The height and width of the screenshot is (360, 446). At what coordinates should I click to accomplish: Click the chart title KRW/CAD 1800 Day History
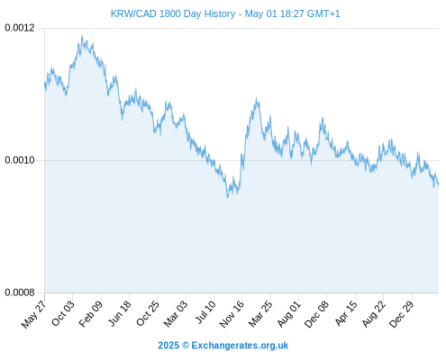tap(173, 13)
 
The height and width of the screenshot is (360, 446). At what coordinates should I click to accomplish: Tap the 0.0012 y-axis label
tap(20, 28)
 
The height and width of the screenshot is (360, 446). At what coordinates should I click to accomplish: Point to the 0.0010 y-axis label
tap(20, 160)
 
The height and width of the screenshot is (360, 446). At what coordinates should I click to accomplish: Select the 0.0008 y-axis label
tap(20, 292)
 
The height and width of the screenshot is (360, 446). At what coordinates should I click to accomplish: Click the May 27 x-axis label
tap(34, 313)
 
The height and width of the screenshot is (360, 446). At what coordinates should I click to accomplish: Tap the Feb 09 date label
tap(91, 313)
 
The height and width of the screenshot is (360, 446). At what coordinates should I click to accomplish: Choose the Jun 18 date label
tap(119, 313)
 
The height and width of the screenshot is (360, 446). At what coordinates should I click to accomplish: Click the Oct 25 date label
tap(148, 313)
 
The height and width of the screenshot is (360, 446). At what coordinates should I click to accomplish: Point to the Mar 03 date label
tap(176, 313)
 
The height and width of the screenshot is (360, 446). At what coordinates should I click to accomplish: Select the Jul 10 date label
tap(205, 311)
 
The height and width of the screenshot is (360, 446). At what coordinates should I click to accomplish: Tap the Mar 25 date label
tap(260, 313)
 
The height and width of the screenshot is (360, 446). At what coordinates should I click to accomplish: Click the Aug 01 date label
tap(288, 313)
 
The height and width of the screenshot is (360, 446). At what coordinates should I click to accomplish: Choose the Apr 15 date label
tap(346, 313)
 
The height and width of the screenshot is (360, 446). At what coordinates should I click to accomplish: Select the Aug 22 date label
tap(373, 313)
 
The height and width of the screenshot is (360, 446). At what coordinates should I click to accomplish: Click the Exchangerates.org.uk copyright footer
tap(223, 346)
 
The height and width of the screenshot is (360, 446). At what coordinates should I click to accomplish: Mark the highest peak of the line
tap(82, 36)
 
